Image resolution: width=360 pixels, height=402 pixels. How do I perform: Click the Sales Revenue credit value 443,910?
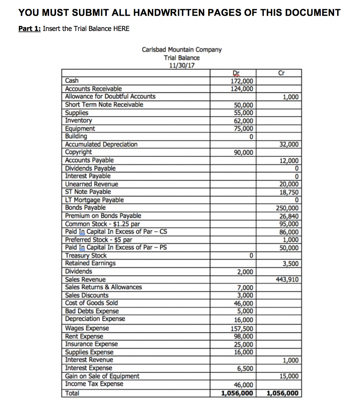(287, 280)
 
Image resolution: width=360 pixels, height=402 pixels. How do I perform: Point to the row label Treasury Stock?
(86, 256)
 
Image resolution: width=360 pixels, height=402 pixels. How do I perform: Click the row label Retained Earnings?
(90, 263)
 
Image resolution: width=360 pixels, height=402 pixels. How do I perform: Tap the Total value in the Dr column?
(237, 393)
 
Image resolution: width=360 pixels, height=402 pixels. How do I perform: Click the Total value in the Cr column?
(282, 393)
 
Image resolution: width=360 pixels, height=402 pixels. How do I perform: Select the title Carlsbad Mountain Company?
(181, 50)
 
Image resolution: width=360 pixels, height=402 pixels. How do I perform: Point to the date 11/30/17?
(181, 65)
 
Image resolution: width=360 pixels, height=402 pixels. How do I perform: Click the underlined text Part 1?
(29, 29)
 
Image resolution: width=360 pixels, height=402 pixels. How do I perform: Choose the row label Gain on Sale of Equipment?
(102, 376)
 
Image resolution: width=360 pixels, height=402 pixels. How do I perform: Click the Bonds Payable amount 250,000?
(287, 208)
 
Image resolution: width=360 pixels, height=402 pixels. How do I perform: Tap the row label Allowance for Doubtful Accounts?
(110, 97)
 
